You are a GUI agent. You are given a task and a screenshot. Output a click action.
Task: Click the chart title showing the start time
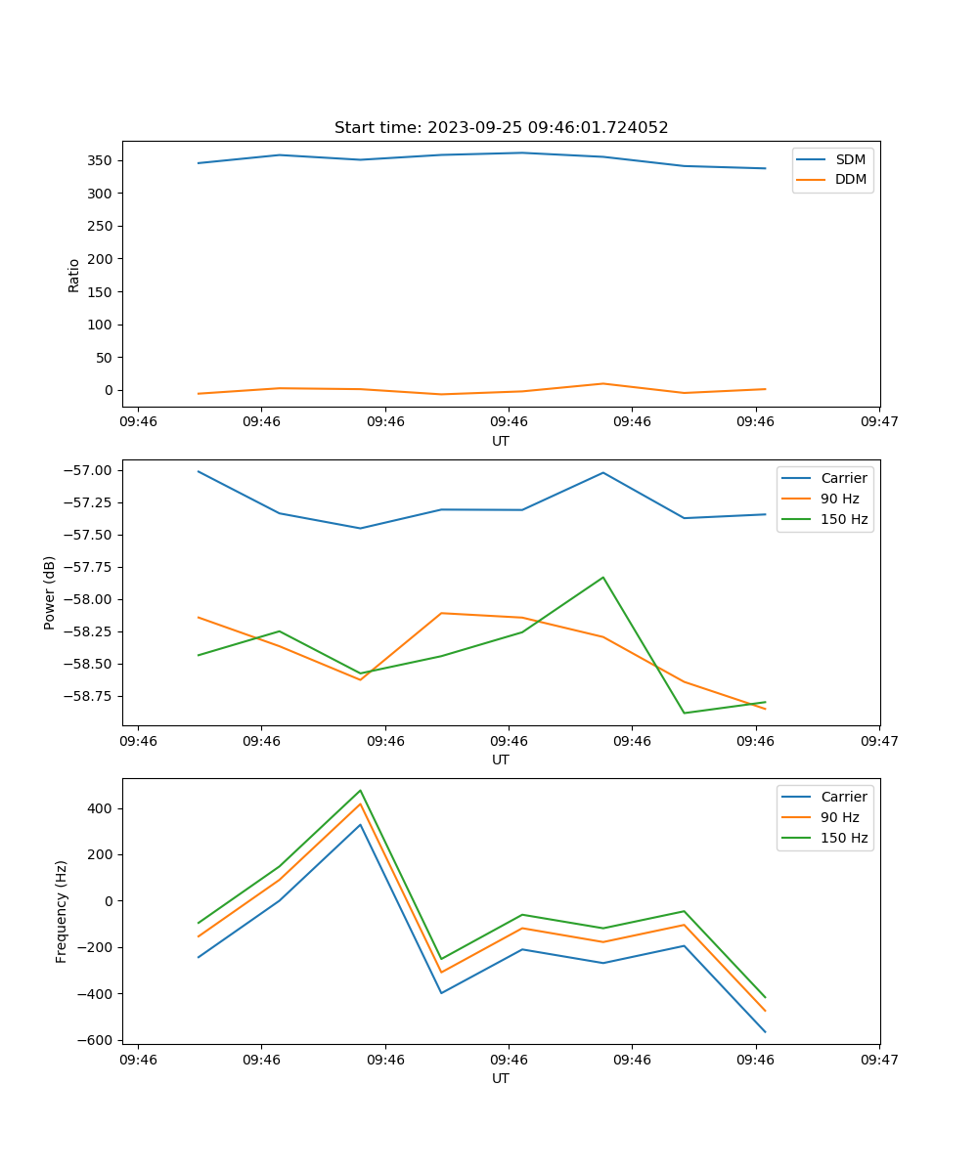coord(501,128)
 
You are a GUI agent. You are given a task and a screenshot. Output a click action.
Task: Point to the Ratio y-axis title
coord(74,276)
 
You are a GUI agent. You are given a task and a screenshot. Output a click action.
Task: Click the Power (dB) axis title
coord(50,592)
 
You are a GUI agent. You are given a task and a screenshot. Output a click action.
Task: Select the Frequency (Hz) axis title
coord(62,911)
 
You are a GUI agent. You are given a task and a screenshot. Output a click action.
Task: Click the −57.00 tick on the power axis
coord(90,470)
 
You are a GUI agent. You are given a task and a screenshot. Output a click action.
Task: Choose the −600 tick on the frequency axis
coord(98,1040)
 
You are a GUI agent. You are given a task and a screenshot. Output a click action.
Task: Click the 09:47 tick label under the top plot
coord(879,421)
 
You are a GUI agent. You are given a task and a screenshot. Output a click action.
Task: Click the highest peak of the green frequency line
coord(360,790)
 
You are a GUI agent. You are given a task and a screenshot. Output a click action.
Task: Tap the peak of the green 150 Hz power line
coord(603,577)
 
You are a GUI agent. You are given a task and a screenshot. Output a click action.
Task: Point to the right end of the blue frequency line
coord(765,1032)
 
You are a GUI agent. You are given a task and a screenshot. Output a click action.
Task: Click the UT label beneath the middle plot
coord(501,760)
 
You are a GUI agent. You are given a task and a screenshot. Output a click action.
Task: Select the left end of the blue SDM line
coord(199,163)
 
